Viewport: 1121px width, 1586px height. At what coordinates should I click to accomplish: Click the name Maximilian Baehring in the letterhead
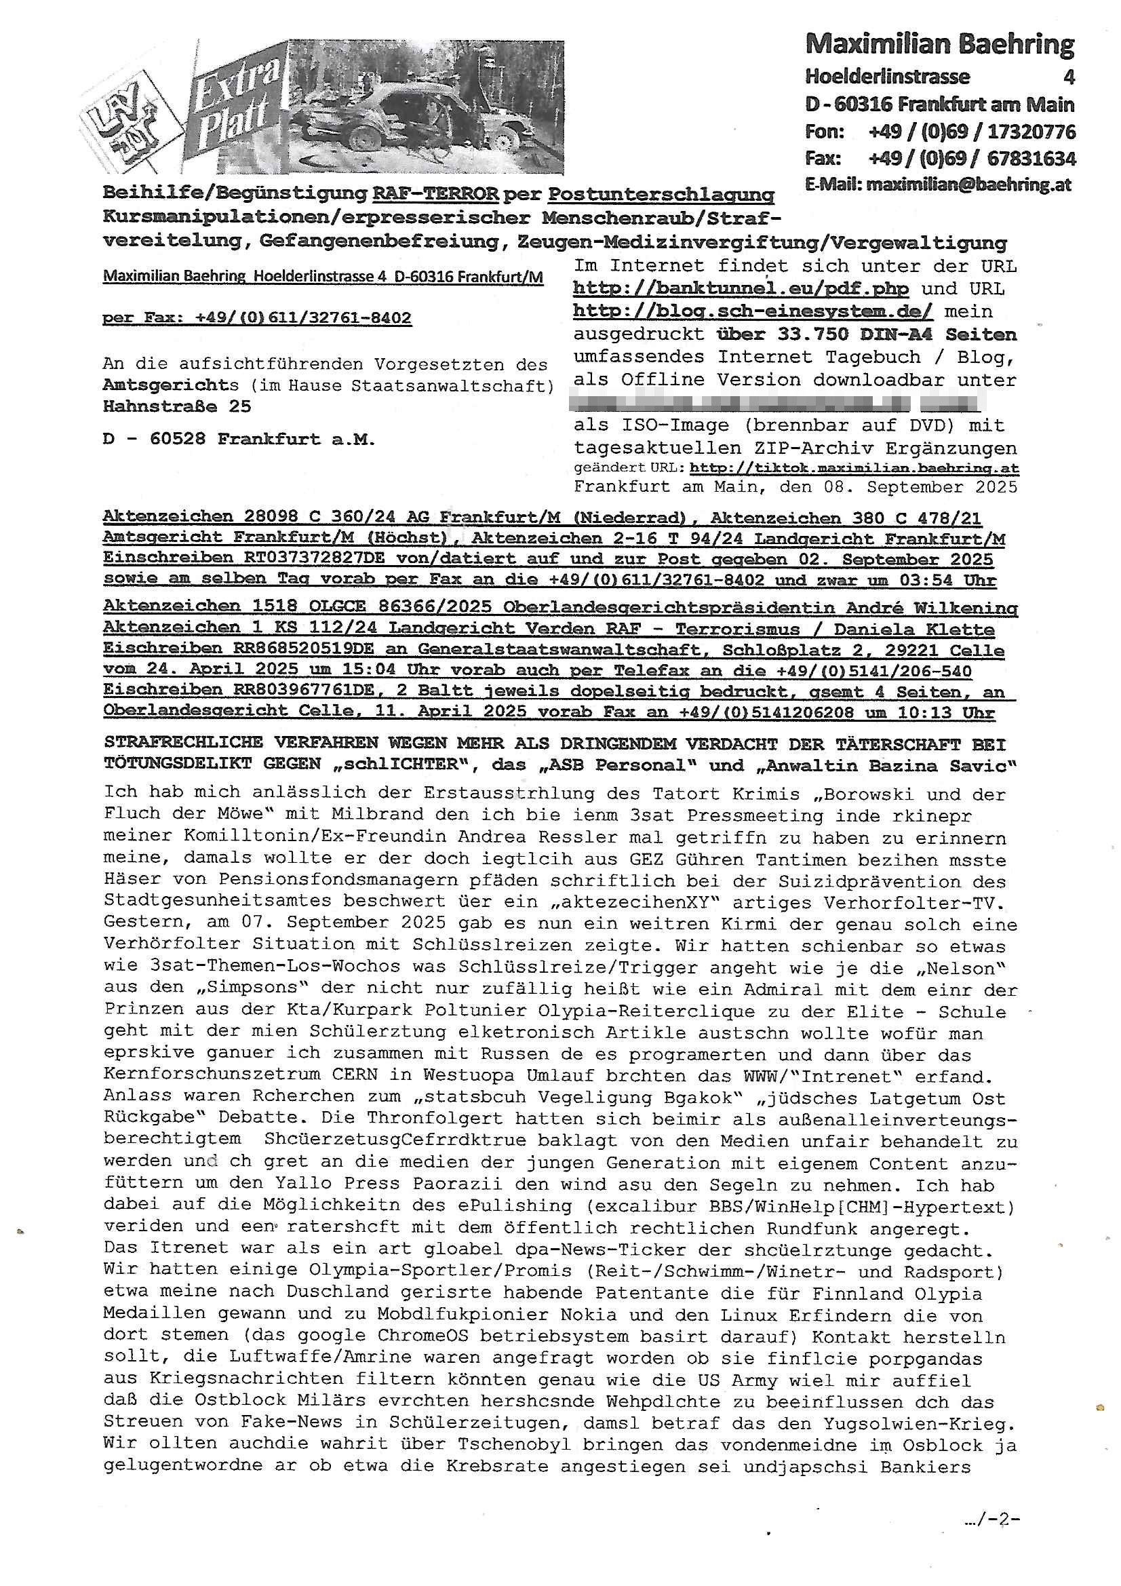click(939, 45)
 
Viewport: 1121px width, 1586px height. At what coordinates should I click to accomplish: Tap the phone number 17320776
click(1031, 131)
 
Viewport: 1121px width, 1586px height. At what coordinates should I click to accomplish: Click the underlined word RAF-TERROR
click(435, 195)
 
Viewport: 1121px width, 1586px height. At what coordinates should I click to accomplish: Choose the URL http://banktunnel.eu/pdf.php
click(741, 289)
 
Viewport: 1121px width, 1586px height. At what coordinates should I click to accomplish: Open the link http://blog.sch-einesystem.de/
click(753, 311)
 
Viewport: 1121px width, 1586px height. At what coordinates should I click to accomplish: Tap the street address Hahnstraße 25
click(177, 406)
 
